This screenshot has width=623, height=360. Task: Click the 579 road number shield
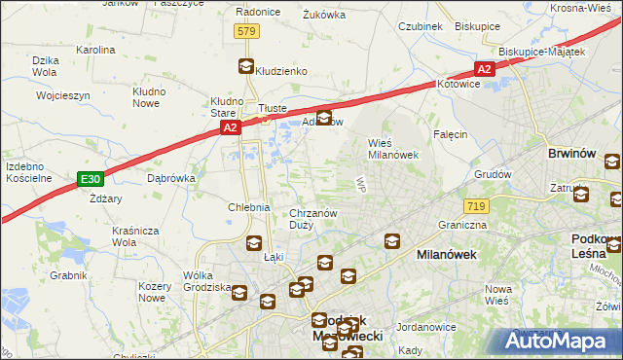tap(246, 32)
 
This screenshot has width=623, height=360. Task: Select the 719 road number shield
tap(476, 206)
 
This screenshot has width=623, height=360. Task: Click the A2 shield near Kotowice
tap(485, 68)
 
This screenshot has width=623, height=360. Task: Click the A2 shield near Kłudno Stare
tap(229, 126)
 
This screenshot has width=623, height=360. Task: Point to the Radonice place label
tap(258, 13)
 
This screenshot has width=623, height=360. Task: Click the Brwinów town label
tap(572, 154)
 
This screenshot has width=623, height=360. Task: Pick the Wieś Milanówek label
tap(392, 148)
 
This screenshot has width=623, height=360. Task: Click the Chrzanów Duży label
tap(313, 219)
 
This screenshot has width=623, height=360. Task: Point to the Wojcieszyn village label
tap(63, 96)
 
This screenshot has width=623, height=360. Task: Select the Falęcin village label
tap(451, 134)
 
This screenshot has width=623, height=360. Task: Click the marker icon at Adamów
tap(324, 119)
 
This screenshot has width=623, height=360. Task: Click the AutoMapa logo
tap(560, 342)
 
